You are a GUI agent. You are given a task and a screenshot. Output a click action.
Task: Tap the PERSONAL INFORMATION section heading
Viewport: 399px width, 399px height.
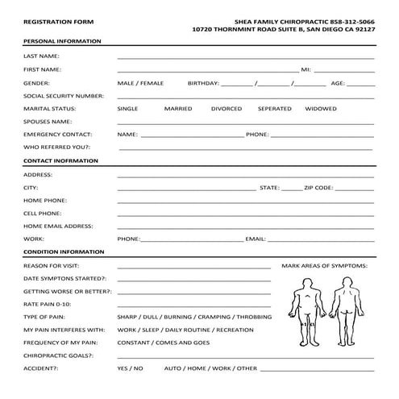62,40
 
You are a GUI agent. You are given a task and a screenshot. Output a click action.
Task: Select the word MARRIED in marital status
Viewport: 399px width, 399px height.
178,108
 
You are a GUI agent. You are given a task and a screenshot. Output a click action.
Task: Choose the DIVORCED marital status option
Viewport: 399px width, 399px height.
227,108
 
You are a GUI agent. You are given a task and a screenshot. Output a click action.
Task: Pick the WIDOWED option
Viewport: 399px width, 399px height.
321,108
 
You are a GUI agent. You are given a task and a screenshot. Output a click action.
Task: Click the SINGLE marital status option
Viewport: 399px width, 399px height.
127,108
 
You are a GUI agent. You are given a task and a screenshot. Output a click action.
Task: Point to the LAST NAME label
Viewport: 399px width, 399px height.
41,56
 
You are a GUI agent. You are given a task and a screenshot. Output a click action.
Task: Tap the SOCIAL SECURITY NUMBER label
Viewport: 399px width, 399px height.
64,95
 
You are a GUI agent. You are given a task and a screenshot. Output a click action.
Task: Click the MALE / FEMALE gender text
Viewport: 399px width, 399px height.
140,82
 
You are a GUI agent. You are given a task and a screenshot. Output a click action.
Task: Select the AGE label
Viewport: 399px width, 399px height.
339,82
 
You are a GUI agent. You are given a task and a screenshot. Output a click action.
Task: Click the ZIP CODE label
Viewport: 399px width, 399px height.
318,187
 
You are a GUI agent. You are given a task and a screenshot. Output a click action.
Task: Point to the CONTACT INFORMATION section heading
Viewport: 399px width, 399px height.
61,160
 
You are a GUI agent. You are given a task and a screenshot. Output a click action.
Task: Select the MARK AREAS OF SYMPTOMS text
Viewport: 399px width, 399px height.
325,265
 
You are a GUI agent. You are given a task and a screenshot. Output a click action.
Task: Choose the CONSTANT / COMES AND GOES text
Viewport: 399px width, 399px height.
164,343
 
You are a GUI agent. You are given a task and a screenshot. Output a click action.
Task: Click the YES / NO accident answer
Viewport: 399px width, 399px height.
130,368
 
